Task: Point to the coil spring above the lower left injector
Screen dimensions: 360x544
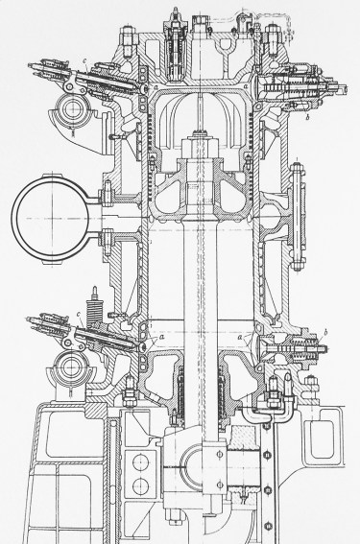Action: coord(94,307)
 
